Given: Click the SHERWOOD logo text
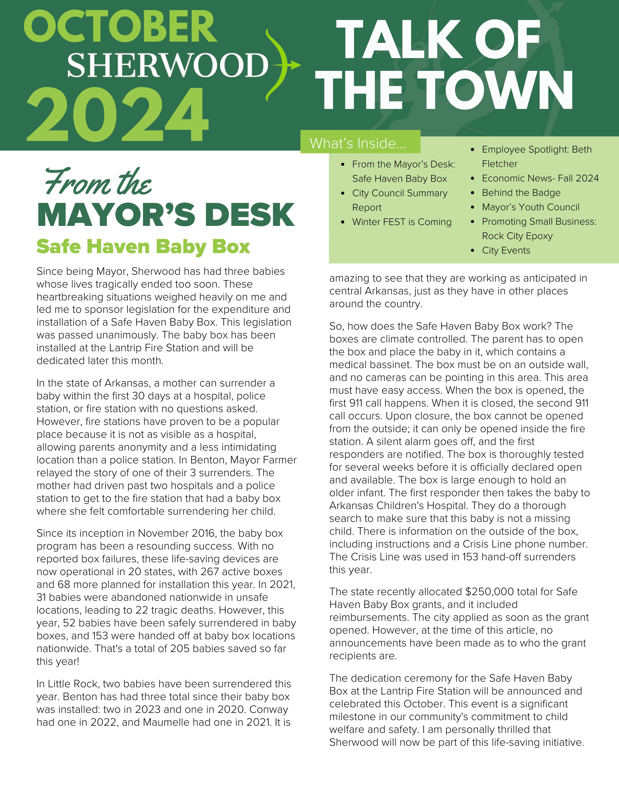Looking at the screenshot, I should tap(167, 65).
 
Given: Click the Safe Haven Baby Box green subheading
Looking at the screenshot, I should tap(143, 247).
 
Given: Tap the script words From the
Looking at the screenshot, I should tap(98, 183).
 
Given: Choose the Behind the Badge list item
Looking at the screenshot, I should tap(521, 193).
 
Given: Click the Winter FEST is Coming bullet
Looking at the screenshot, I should tap(401, 222).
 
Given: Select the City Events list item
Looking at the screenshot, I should tap(506, 250).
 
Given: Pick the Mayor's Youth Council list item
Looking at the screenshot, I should tap(530, 207).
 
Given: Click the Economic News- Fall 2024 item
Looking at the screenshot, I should tap(540, 178).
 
